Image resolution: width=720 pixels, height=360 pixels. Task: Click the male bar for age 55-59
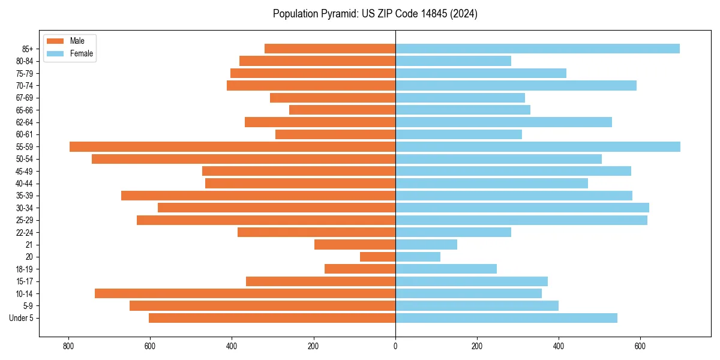click(232, 147)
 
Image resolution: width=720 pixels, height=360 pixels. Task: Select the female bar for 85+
click(538, 49)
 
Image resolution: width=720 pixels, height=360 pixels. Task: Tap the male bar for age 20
click(377, 257)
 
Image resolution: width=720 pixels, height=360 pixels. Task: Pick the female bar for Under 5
click(506, 318)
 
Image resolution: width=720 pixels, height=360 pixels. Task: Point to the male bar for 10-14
click(245, 293)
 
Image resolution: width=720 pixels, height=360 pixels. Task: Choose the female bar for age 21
click(426, 245)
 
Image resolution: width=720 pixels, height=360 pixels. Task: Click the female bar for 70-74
click(516, 86)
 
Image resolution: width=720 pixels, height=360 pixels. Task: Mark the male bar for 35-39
click(258, 196)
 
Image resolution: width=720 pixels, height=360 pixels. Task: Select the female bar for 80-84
click(453, 61)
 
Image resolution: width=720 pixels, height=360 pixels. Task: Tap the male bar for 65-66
click(342, 110)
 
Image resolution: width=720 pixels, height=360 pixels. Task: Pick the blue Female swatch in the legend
click(55, 54)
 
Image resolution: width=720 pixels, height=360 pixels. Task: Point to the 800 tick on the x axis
click(68, 346)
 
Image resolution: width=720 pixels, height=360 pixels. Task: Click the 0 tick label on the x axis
click(395, 346)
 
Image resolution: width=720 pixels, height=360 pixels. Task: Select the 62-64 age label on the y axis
click(25, 122)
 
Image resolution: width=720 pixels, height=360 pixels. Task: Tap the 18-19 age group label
click(25, 269)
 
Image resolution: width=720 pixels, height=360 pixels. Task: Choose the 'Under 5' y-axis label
click(22, 318)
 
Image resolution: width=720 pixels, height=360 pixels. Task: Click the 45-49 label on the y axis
click(25, 172)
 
